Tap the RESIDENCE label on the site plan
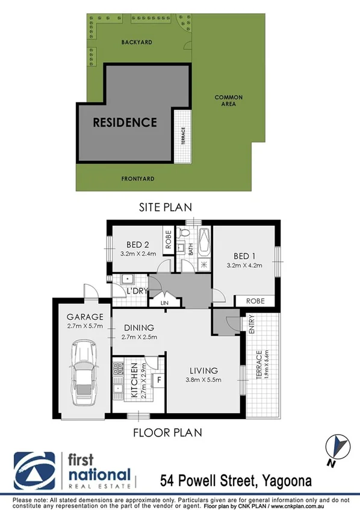tap(125, 122)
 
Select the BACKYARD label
tap(135, 43)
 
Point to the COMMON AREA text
tap(229, 101)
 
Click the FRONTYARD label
tap(138, 179)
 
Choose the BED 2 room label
tap(138, 244)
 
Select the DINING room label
tap(139, 328)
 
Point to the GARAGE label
tap(85, 317)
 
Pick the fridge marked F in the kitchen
tap(158, 380)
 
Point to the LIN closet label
tap(164, 303)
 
